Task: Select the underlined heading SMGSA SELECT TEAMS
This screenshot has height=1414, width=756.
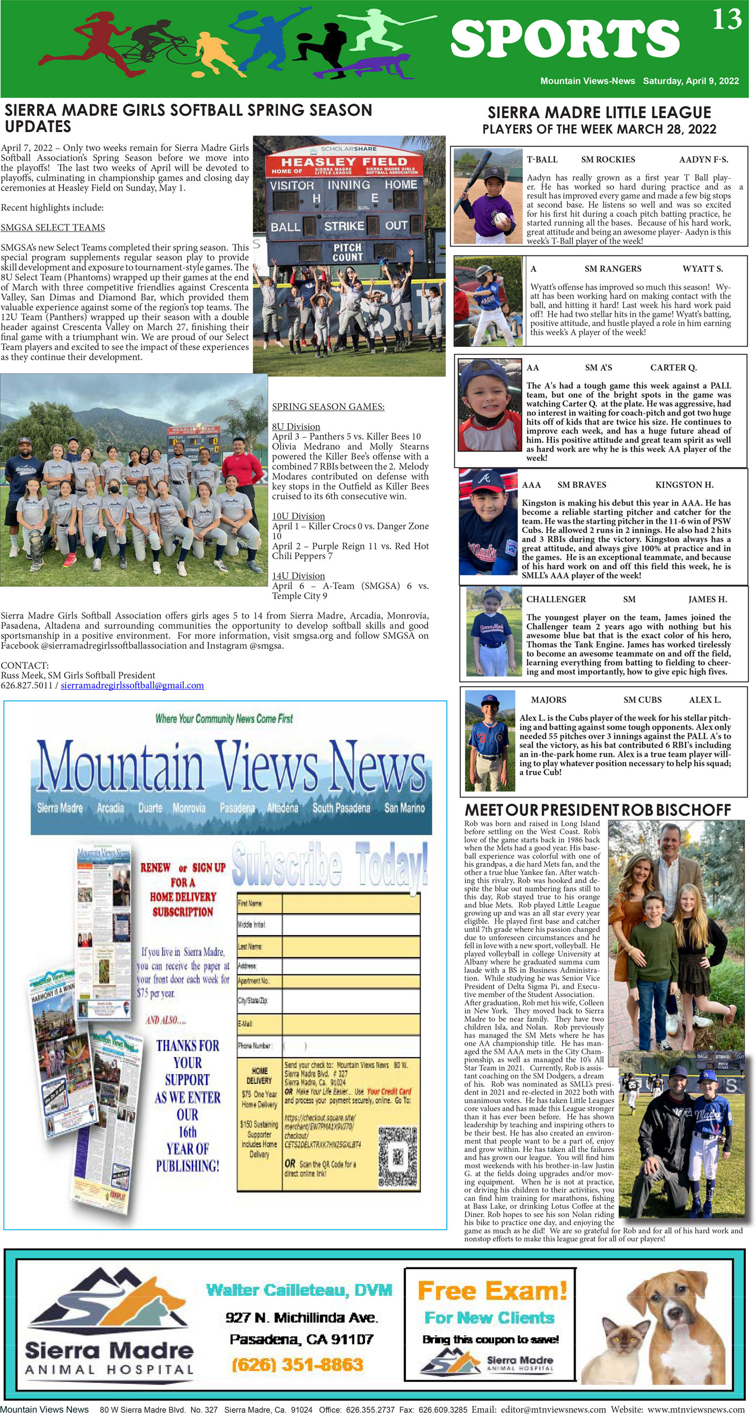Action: click(x=53, y=227)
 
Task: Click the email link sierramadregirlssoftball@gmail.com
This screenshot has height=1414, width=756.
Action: click(x=132, y=685)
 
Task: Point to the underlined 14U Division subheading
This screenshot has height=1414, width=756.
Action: click(x=298, y=575)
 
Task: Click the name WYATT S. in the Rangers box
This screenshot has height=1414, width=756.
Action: click(x=702, y=268)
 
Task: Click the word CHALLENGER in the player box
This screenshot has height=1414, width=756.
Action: click(x=556, y=599)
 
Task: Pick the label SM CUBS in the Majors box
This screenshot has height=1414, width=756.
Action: click(x=642, y=699)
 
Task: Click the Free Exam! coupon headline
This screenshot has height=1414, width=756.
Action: click(x=492, y=1291)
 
